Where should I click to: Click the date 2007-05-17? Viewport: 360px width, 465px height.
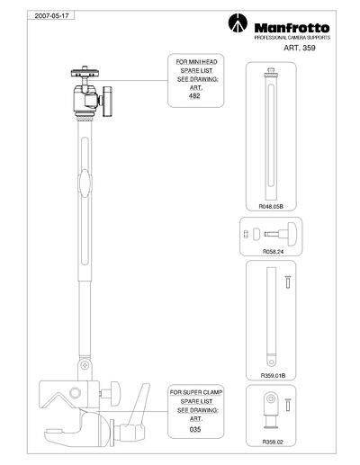pyautogui.click(x=52, y=16)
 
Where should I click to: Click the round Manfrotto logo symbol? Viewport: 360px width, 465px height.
pyautogui.click(x=238, y=22)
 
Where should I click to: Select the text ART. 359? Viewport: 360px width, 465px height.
pyautogui.click(x=300, y=48)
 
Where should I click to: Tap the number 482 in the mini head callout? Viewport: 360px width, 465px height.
pyautogui.click(x=194, y=96)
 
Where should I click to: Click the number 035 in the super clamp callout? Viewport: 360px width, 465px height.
pyautogui.click(x=195, y=429)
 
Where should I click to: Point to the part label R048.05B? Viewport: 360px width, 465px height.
pyautogui.click(x=271, y=206)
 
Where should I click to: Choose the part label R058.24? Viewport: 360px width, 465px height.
pyautogui.click(x=273, y=252)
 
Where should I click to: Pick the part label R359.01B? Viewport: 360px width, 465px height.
pyautogui.click(x=273, y=375)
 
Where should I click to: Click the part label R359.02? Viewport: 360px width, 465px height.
pyautogui.click(x=273, y=442)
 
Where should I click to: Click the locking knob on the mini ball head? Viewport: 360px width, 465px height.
pyautogui.click(x=107, y=102)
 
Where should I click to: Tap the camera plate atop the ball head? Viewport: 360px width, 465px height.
pyautogui.click(x=85, y=73)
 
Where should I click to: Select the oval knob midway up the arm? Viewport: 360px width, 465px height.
pyautogui.click(x=85, y=183)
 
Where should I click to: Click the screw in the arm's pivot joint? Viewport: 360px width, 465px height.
pyautogui.click(x=85, y=365)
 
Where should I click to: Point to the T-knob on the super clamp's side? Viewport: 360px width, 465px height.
pyautogui.click(x=115, y=393)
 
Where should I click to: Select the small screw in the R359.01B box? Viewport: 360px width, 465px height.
pyautogui.click(x=287, y=282)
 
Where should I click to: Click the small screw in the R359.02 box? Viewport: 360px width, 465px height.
pyautogui.click(x=287, y=405)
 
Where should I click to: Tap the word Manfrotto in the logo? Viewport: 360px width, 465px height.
pyautogui.click(x=292, y=28)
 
